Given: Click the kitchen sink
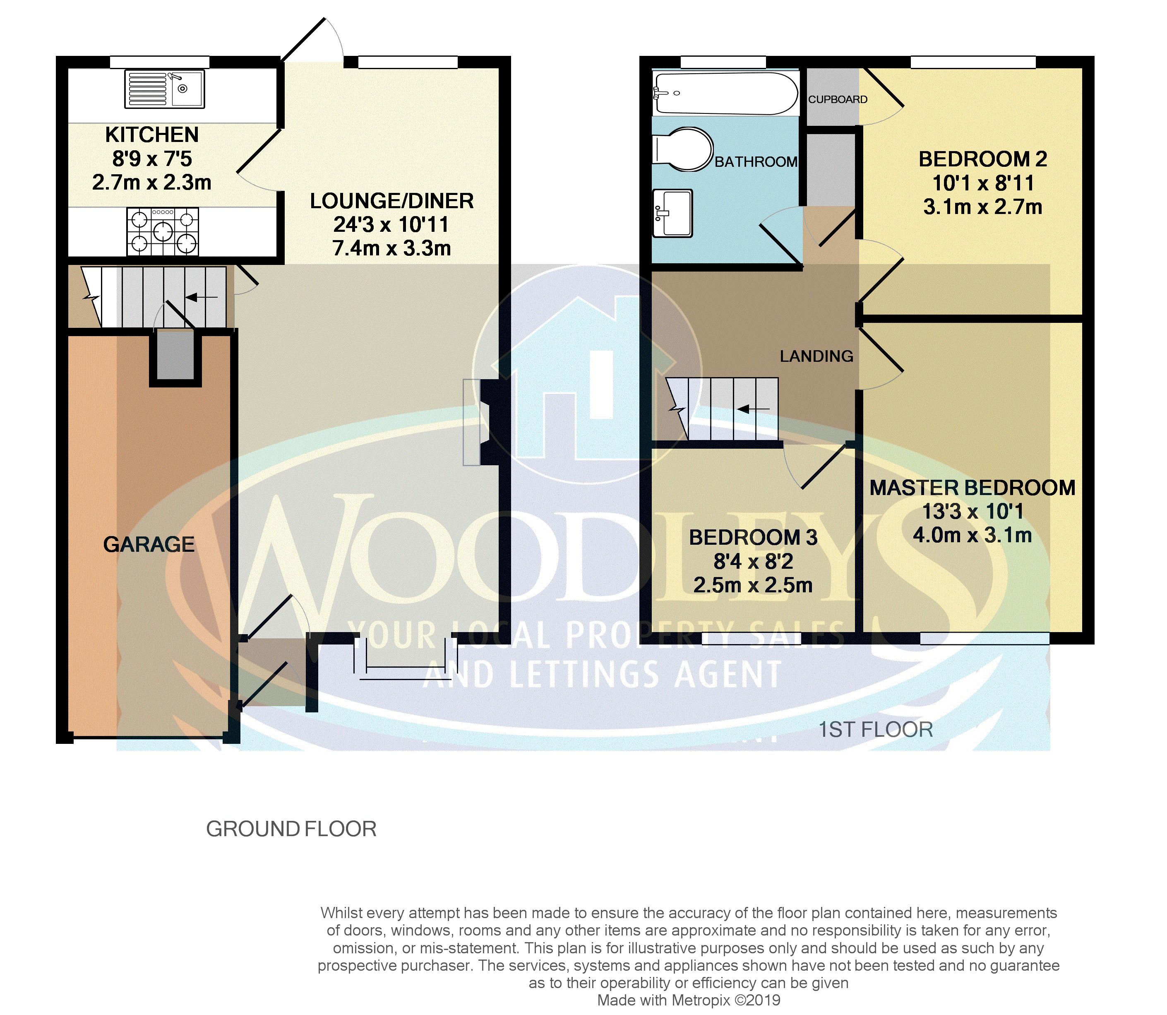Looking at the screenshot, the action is (164, 89).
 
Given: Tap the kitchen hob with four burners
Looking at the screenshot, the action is (163, 232).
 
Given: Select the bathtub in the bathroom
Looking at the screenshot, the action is (725, 93).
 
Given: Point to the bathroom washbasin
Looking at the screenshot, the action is (673, 212).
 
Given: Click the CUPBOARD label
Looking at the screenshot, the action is (838, 100).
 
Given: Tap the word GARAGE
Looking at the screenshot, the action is (149, 544).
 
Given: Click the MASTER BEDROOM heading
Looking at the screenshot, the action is (972, 488).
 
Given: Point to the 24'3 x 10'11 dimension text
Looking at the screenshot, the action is (391, 225).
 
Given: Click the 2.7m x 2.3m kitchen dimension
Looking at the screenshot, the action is (152, 183).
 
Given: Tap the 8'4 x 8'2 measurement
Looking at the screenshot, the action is (753, 561).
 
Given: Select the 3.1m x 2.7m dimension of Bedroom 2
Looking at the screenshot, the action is (982, 207).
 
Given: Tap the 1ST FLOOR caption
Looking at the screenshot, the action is (875, 730).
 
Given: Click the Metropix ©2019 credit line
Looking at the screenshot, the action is (689, 1001).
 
